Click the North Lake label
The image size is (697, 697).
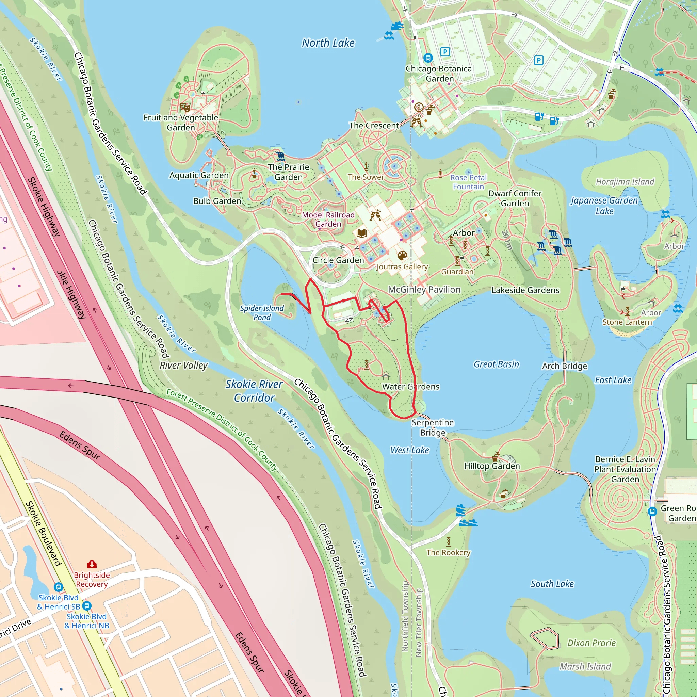tap(328, 43)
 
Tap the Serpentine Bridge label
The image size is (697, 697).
tap(433, 427)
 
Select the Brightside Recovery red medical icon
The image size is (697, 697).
tap(92, 564)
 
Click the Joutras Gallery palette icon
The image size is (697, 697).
tap(402, 256)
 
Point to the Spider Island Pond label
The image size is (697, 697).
tap(262, 312)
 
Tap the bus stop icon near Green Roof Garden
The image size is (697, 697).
tap(652, 511)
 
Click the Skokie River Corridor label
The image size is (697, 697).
tap(254, 391)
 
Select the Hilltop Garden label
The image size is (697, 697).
tap(492, 466)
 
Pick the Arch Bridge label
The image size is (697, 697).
tap(564, 366)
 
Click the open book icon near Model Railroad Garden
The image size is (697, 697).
tap(361, 233)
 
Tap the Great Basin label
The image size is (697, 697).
tap(496, 364)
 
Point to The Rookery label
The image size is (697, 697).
tap(449, 552)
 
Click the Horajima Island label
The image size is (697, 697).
tap(625, 181)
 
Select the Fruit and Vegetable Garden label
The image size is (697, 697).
tap(181, 122)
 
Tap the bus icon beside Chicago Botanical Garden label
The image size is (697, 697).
tap(428, 58)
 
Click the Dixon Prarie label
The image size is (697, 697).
tap(591, 643)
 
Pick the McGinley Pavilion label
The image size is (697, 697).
tap(424, 289)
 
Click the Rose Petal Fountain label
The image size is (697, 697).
tap(468, 182)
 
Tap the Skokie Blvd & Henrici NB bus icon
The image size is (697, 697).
tap(87, 606)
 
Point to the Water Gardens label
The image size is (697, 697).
tap(410, 386)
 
